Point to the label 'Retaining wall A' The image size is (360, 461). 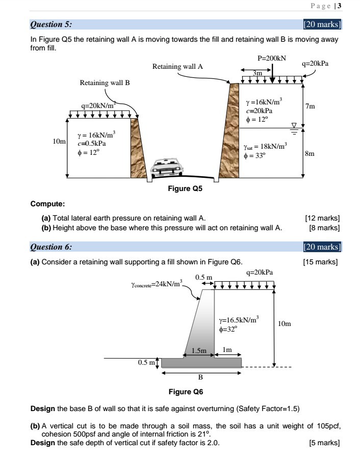[177, 66]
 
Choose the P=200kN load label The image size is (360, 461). [271, 59]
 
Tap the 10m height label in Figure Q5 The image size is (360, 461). [60, 141]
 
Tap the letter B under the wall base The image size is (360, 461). [200, 378]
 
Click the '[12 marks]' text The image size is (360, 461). [322, 218]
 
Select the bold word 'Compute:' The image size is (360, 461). [47, 205]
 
